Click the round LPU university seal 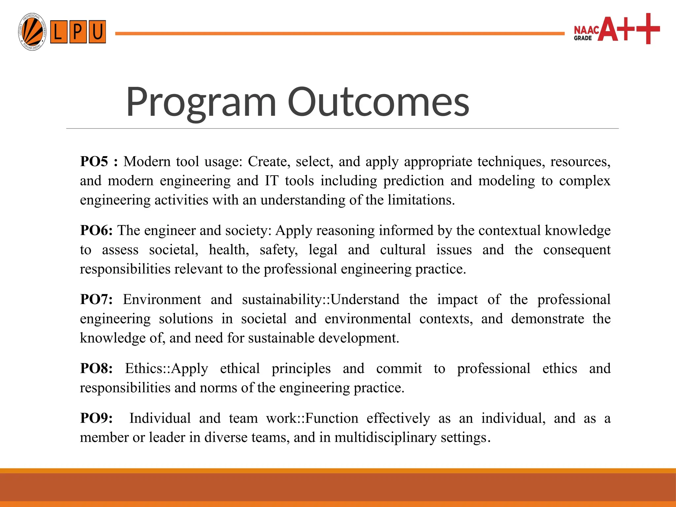(x=32, y=32)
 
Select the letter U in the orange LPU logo (x=97, y=32)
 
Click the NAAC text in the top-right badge (x=587, y=30)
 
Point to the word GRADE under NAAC (x=583, y=38)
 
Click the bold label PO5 (x=94, y=161)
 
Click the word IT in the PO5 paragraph (x=271, y=181)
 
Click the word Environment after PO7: (x=162, y=299)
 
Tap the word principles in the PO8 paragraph (x=301, y=369)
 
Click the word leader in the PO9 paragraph (x=167, y=437)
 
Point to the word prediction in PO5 (x=414, y=181)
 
